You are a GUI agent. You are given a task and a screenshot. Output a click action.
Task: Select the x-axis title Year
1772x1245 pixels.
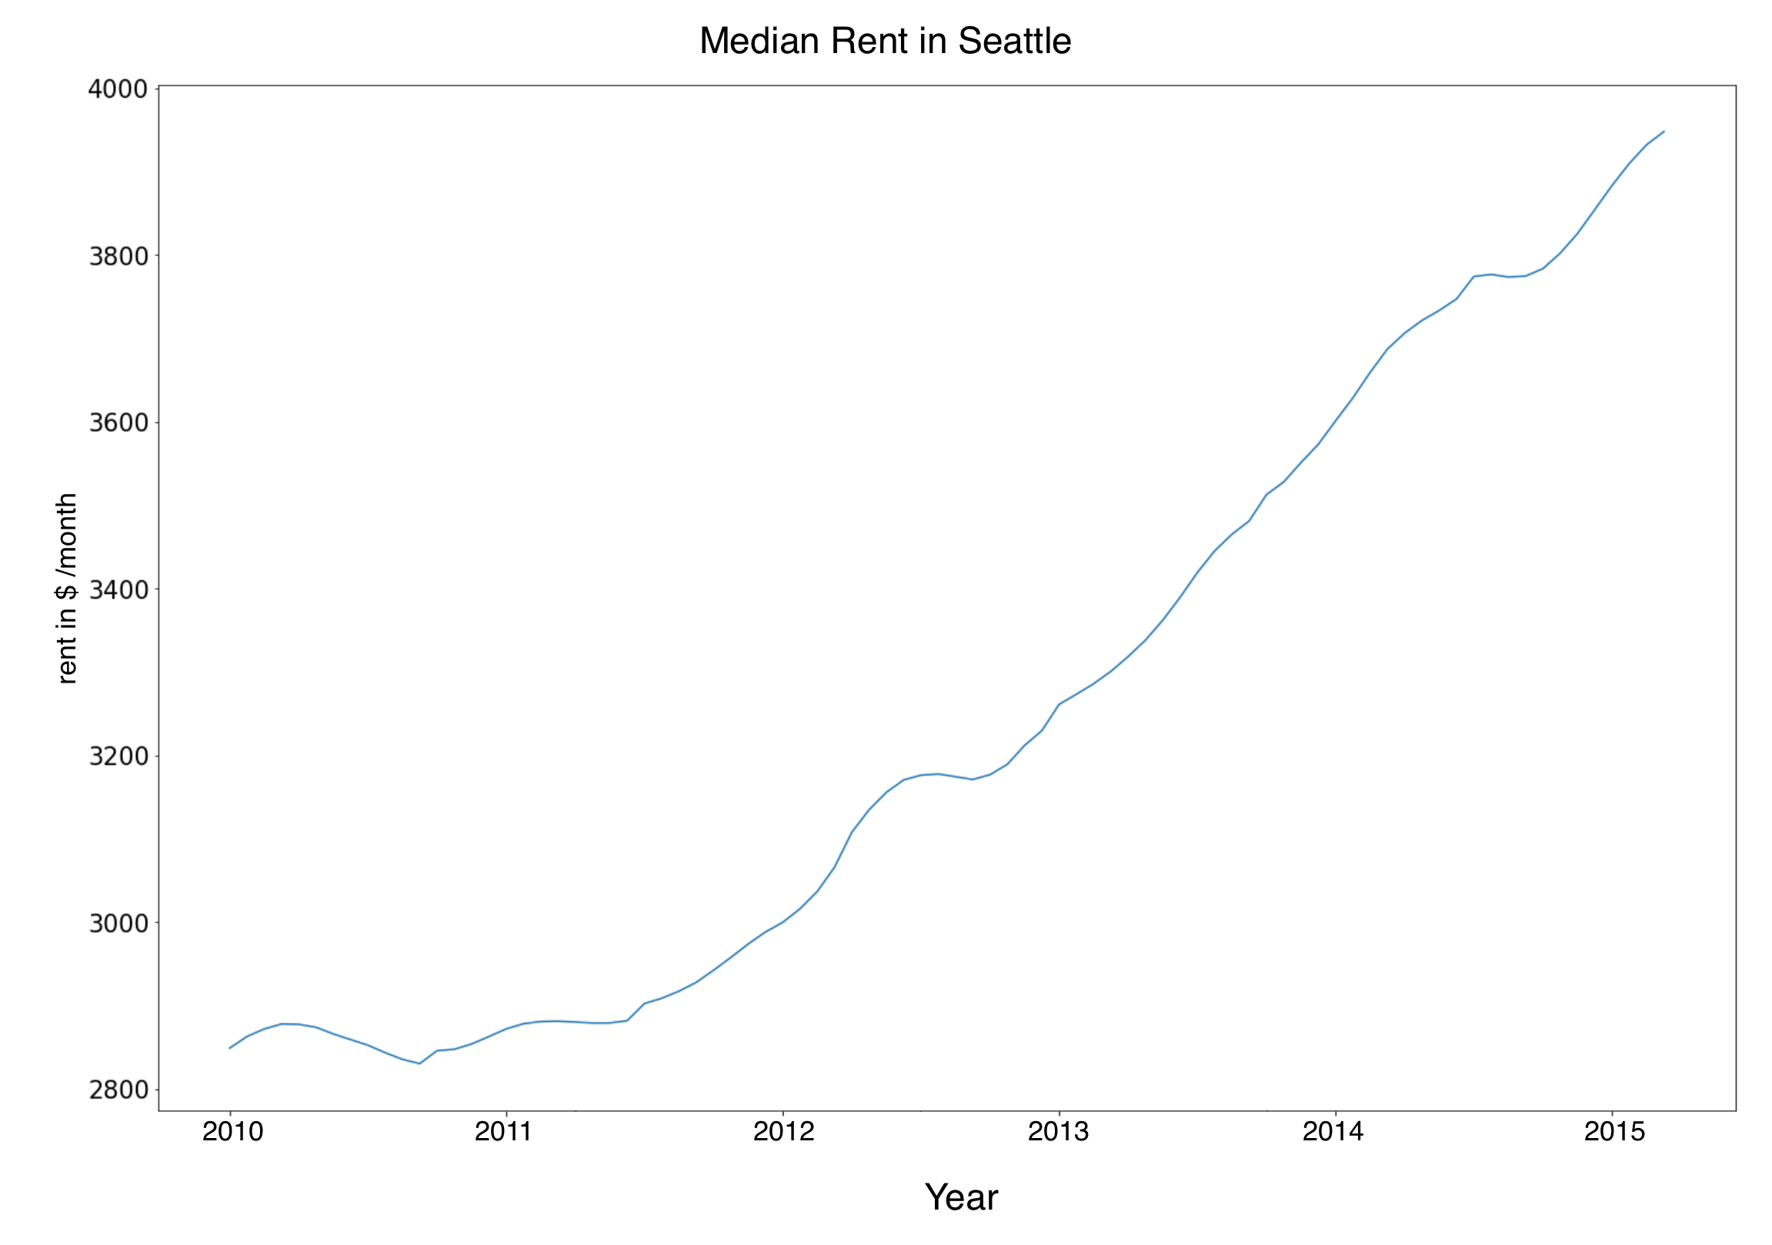[x=961, y=1197]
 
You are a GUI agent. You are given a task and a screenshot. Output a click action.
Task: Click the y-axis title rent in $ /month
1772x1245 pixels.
[x=67, y=588]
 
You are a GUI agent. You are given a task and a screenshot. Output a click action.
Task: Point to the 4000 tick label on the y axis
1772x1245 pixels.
[x=117, y=88]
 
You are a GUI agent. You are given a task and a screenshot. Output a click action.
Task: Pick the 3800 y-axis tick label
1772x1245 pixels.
[x=117, y=255]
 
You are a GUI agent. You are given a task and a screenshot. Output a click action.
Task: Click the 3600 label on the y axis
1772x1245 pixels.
[x=117, y=422]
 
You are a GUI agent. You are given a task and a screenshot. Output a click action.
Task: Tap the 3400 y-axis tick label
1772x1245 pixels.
[x=117, y=589]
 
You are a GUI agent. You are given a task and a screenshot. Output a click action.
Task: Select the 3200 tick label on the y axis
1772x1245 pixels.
[x=117, y=756]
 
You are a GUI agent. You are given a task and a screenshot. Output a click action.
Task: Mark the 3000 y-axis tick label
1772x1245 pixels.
[x=117, y=923]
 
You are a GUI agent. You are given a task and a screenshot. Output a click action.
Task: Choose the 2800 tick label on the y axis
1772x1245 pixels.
[x=117, y=1089]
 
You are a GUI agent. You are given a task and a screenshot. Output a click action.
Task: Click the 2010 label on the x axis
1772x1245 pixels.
[x=232, y=1132]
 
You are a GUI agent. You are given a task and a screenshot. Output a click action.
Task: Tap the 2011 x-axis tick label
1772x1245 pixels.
[x=504, y=1132]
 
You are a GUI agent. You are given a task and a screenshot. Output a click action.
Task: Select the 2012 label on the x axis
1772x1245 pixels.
[x=783, y=1132]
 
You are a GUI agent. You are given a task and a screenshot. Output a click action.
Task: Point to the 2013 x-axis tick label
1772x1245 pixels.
[x=1058, y=1132]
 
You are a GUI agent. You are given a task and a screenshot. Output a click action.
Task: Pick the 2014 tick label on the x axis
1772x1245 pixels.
[x=1333, y=1132]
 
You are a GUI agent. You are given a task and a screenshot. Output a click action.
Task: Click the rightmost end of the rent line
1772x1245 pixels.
[x=1664, y=132]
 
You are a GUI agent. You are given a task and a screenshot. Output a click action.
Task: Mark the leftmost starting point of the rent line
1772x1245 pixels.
[x=229, y=1048]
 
